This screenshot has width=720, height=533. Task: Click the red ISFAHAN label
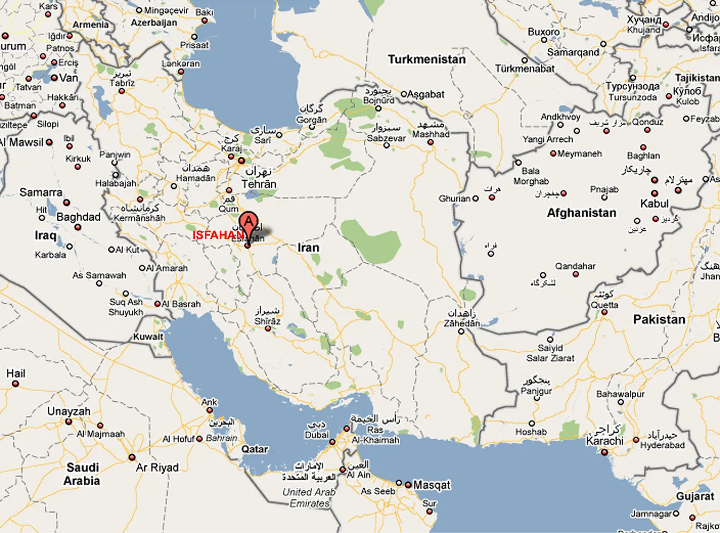pyautogui.click(x=218, y=235)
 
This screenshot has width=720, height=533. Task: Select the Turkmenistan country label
pyautogui.click(x=427, y=59)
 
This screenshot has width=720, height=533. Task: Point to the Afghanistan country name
pyautogui.click(x=581, y=213)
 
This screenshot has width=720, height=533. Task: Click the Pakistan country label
pyautogui.click(x=659, y=319)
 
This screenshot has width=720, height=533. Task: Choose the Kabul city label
pyautogui.click(x=654, y=204)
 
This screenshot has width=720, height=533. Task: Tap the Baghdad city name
pyautogui.click(x=78, y=217)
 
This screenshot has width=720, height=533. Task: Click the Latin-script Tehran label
pyautogui.click(x=259, y=184)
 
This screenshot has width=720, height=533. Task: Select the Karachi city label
pyautogui.click(x=604, y=441)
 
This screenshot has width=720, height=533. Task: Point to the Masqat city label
pyautogui.click(x=431, y=485)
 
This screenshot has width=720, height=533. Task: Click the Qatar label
pyautogui.click(x=254, y=449)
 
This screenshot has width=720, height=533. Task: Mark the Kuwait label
pyautogui.click(x=148, y=336)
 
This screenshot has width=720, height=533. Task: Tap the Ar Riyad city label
pyautogui.click(x=157, y=467)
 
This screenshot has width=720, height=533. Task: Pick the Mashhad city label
pyautogui.click(x=430, y=134)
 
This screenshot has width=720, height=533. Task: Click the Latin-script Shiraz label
pyautogui.click(x=267, y=321)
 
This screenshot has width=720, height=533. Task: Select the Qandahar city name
pyautogui.click(x=575, y=266)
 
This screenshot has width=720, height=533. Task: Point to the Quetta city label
pyautogui.click(x=604, y=305)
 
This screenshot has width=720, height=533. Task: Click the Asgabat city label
pyautogui.click(x=426, y=94)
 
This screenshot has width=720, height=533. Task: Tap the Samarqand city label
pyautogui.click(x=573, y=52)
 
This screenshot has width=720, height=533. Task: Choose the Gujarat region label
pyautogui.click(x=695, y=496)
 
